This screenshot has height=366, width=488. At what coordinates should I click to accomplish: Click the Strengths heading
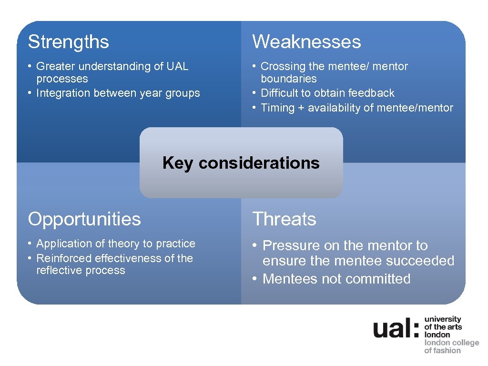[x=69, y=42]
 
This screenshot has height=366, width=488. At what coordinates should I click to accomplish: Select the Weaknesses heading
[x=306, y=42]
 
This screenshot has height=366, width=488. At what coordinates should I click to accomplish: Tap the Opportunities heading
[x=84, y=219]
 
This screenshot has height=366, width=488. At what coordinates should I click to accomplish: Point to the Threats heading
[x=284, y=219]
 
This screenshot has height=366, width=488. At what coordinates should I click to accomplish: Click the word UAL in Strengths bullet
[x=177, y=66]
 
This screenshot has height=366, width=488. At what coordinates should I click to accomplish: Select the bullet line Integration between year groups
[x=118, y=93]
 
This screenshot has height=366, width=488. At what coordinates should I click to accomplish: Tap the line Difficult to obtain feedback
[x=327, y=93]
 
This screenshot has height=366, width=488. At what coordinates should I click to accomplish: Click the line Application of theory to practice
[x=116, y=244]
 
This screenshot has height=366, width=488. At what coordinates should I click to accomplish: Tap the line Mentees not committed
[x=336, y=279]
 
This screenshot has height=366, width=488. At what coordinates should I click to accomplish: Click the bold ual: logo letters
[x=396, y=329]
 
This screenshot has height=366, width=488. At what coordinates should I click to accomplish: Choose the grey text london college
[x=451, y=343]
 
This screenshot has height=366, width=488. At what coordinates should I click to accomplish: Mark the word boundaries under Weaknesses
[x=288, y=79]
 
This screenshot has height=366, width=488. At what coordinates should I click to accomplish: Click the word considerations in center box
[x=259, y=163]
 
